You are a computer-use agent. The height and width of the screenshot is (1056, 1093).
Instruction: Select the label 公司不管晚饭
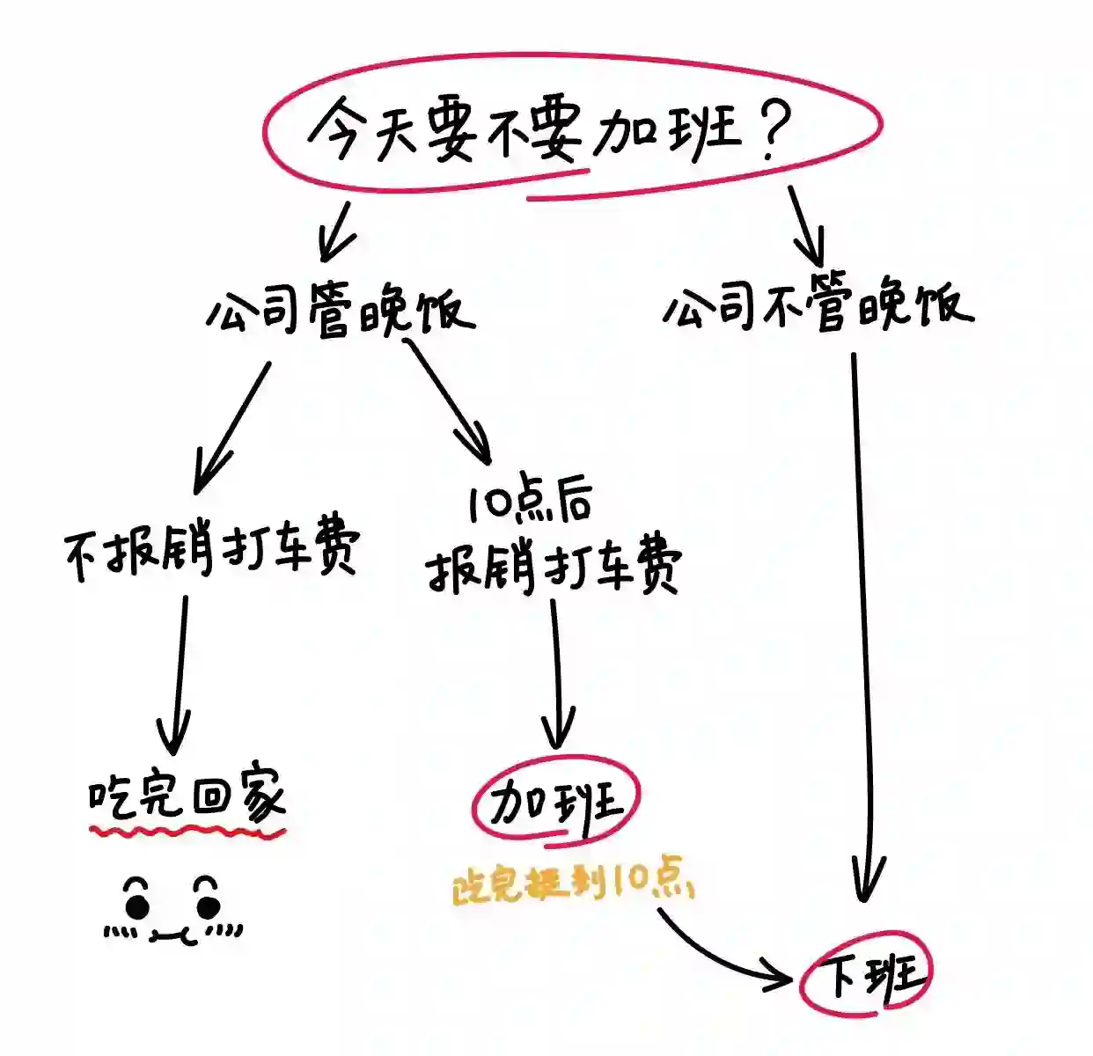[818, 307]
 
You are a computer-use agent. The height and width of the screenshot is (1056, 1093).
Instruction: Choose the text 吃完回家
[187, 797]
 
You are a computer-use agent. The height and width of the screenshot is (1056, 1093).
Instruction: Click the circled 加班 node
[555, 802]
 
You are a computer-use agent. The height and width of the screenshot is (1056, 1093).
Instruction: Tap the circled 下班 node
[865, 974]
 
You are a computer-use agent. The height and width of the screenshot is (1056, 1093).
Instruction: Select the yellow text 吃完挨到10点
[573, 884]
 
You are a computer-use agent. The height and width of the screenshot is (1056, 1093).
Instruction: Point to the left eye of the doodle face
[137, 904]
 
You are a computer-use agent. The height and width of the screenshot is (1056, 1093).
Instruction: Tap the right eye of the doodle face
[209, 904]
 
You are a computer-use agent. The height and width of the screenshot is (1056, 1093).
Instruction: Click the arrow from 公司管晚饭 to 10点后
[449, 400]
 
